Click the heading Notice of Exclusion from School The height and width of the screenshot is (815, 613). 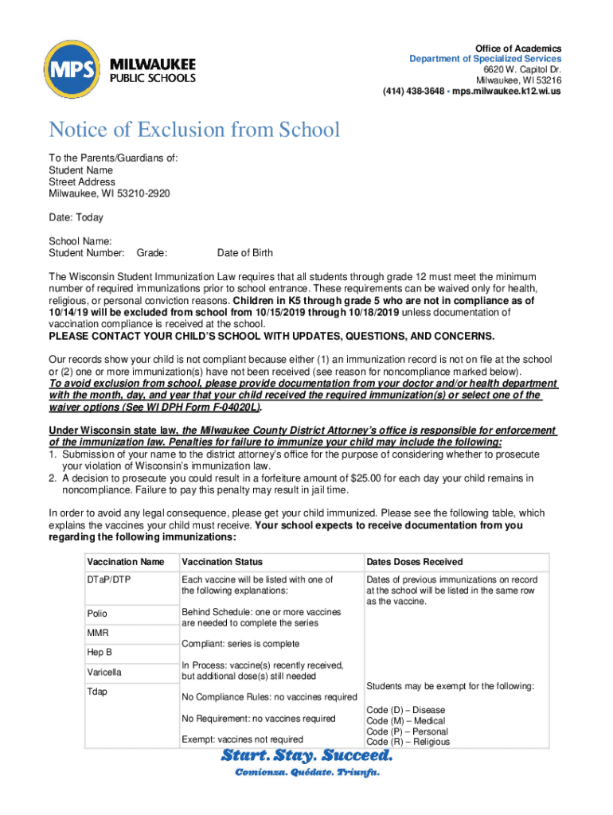pyautogui.click(x=194, y=130)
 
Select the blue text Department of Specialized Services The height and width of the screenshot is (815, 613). pyautogui.click(x=485, y=59)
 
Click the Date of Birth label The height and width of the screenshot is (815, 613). pyautogui.click(x=244, y=253)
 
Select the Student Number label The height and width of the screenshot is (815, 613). pyautogui.click(x=87, y=253)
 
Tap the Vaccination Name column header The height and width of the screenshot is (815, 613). pyautogui.click(x=126, y=562)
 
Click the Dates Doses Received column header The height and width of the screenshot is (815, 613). pyautogui.click(x=414, y=562)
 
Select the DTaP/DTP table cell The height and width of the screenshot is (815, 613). pyautogui.click(x=108, y=580)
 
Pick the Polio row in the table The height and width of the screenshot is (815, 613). pyautogui.click(x=97, y=614)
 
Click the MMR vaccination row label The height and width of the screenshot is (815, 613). pyautogui.click(x=98, y=633)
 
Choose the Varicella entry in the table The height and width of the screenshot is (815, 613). pyautogui.click(x=104, y=673)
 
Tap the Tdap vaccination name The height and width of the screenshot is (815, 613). pyautogui.click(x=98, y=692)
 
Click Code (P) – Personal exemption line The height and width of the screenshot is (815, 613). pyautogui.click(x=406, y=731)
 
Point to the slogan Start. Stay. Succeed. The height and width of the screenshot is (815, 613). pyautogui.click(x=306, y=755)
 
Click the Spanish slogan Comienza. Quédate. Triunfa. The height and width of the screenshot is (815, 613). pyautogui.click(x=306, y=773)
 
